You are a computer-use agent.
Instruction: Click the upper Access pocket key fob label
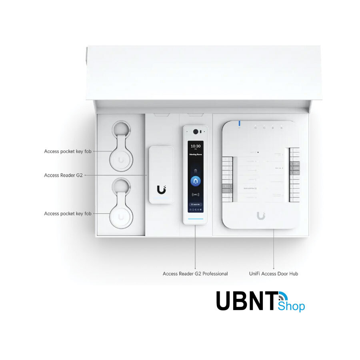(68, 152)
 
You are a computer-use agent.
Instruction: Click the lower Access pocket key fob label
(68, 214)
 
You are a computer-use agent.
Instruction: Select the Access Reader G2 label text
(63, 175)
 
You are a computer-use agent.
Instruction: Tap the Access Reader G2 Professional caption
(195, 274)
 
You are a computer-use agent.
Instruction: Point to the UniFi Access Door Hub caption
(273, 274)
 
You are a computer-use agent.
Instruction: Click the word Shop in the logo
(291, 306)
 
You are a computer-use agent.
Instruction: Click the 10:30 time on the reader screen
(196, 146)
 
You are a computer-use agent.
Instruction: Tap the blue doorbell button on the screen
(196, 180)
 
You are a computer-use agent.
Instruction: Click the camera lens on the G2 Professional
(196, 131)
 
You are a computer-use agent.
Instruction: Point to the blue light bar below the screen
(196, 219)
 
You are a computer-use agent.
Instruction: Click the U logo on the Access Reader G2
(161, 188)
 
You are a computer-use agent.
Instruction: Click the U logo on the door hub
(261, 216)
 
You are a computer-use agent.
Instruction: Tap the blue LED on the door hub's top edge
(239, 124)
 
